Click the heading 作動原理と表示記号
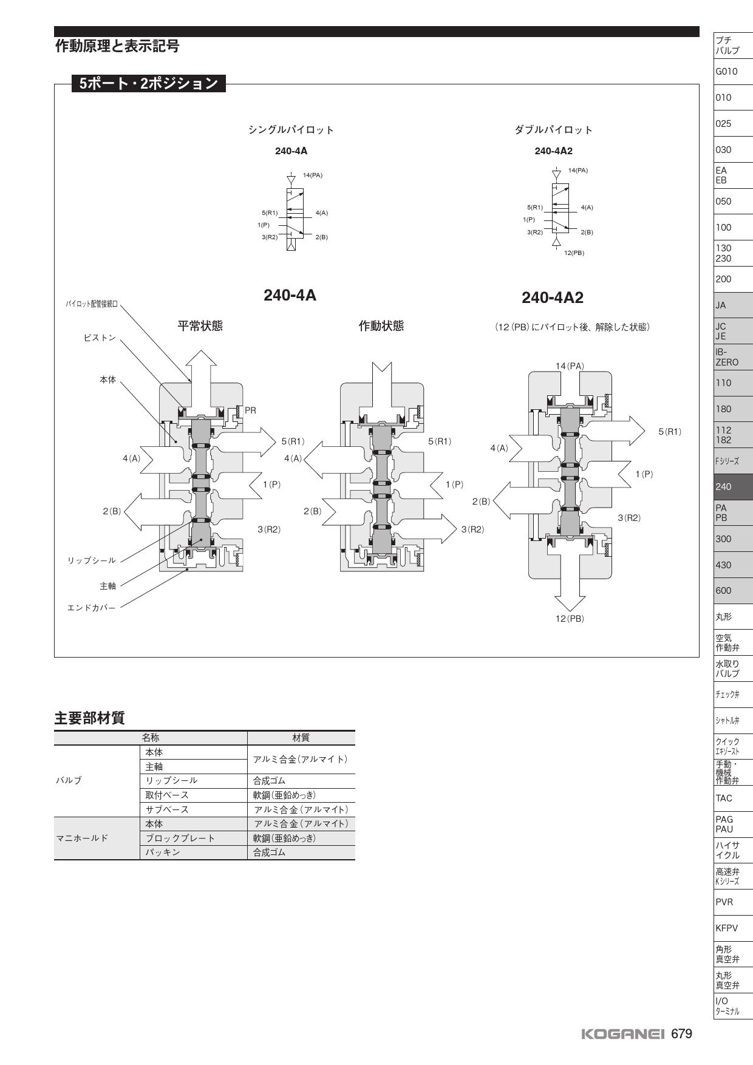click(117, 46)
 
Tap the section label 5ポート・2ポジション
click(148, 83)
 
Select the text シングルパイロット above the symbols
click(291, 130)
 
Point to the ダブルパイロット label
click(553, 130)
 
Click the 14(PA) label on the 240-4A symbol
click(313, 175)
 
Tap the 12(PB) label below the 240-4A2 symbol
click(574, 253)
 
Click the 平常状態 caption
click(200, 326)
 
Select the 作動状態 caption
click(381, 326)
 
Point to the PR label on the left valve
click(250, 410)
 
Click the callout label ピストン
click(100, 338)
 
